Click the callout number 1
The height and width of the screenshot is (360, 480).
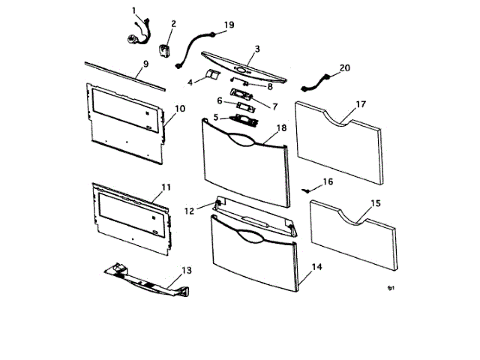point(134,10)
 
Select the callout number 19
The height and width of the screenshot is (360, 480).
point(229,25)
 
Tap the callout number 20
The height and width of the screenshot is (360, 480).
point(345,67)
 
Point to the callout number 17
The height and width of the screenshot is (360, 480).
point(361,104)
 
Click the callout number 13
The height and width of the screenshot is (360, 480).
point(187,269)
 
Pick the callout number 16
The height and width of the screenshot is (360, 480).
point(328,182)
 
